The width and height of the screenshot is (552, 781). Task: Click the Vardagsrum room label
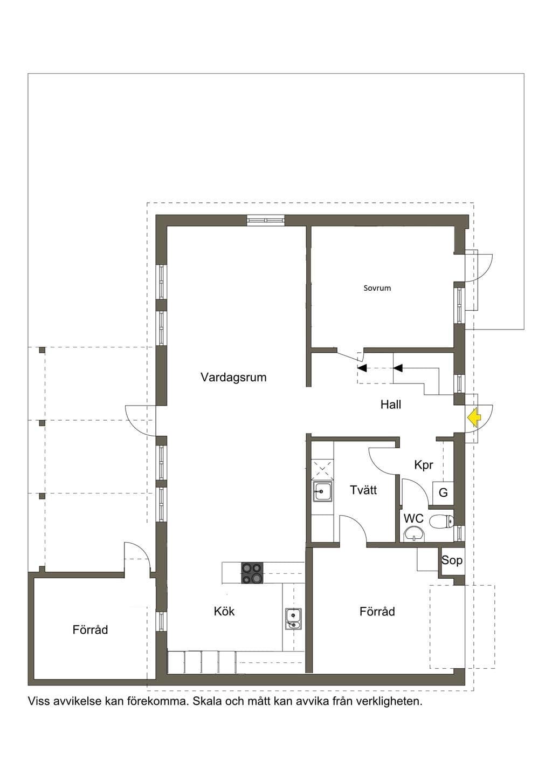pyautogui.click(x=233, y=377)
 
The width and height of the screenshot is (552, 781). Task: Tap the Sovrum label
pyautogui.click(x=377, y=288)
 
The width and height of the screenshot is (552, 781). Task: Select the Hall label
pyautogui.click(x=391, y=405)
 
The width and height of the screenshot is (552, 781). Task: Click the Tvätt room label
pyautogui.click(x=363, y=490)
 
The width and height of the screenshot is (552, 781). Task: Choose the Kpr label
pyautogui.click(x=423, y=465)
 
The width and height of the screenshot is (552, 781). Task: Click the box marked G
pyautogui.click(x=443, y=492)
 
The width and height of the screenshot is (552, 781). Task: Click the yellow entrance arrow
pyautogui.click(x=474, y=417)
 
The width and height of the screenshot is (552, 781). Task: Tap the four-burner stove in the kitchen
pyautogui.click(x=252, y=573)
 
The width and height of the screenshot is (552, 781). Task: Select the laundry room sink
pyautogui.click(x=322, y=491)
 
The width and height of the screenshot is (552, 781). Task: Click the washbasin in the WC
pyautogui.click(x=414, y=535)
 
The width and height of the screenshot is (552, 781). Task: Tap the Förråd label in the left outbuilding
pyautogui.click(x=90, y=629)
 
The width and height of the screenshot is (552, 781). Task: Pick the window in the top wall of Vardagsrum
pyautogui.click(x=266, y=221)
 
